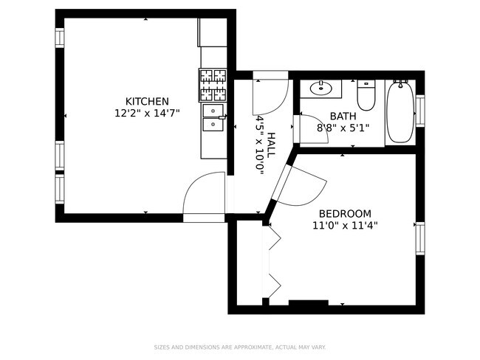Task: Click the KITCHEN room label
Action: (x=147, y=101)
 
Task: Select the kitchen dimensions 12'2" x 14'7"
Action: (x=147, y=113)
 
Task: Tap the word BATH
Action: (x=343, y=116)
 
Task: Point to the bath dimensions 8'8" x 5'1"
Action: (x=343, y=128)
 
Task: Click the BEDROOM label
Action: (x=344, y=214)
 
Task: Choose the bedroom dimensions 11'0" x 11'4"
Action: (x=344, y=226)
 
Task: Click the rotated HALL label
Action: (x=271, y=144)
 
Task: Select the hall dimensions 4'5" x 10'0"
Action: (x=260, y=144)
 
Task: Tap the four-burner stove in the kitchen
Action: (x=212, y=85)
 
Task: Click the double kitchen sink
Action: (x=213, y=117)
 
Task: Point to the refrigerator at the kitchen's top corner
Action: (x=211, y=33)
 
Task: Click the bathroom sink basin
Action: (x=323, y=89)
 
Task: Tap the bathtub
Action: (x=400, y=111)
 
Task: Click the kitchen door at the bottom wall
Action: (x=204, y=195)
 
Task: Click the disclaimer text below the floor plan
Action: (x=239, y=347)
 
